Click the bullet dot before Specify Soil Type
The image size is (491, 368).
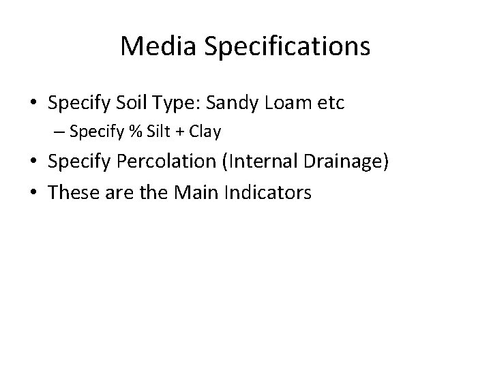[x=33, y=104]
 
